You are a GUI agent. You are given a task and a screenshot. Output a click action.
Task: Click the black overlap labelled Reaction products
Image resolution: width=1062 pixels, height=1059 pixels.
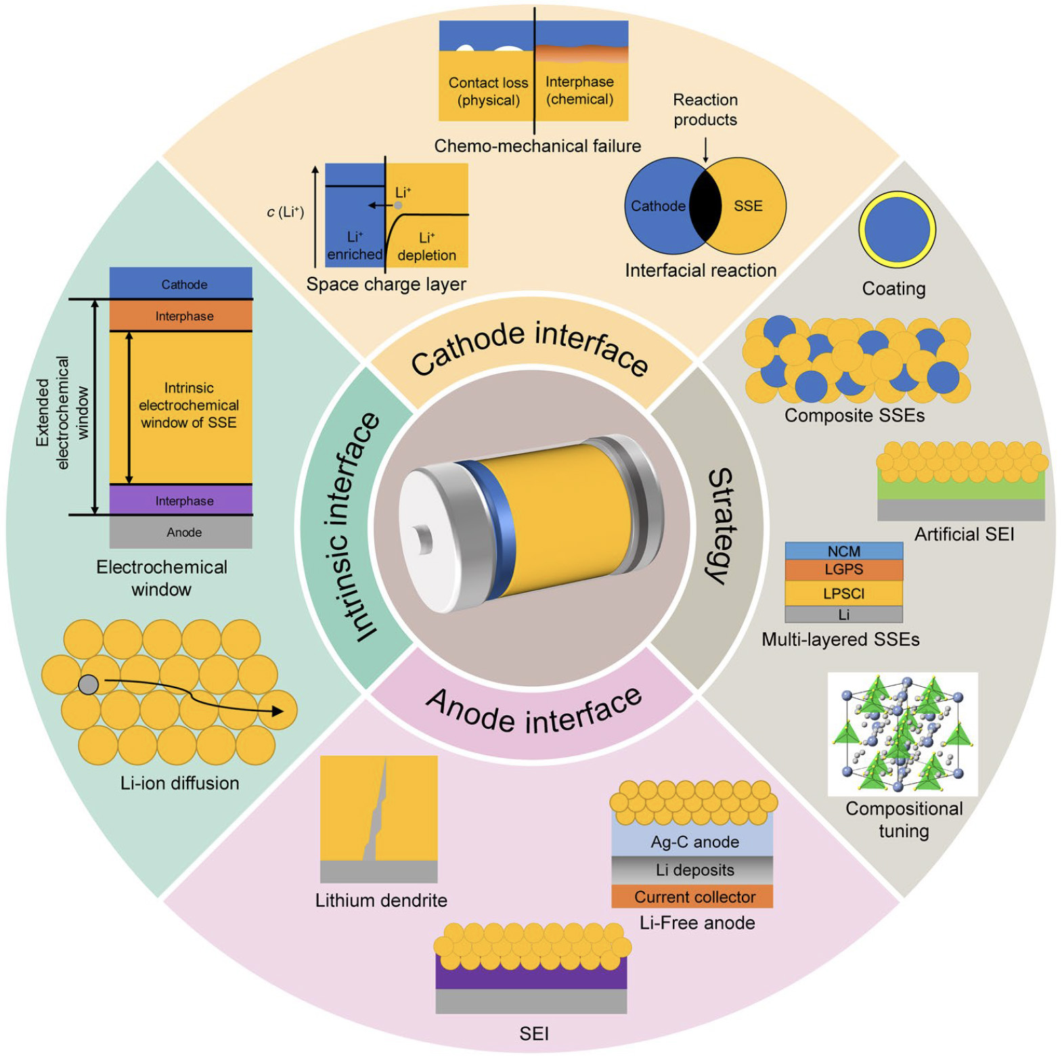pyautogui.click(x=705, y=206)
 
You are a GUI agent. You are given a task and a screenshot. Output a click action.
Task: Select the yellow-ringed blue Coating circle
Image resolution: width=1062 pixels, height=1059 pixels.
pyautogui.click(x=897, y=229)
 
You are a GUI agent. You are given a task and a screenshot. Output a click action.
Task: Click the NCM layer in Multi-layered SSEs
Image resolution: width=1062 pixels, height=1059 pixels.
pyautogui.click(x=843, y=551)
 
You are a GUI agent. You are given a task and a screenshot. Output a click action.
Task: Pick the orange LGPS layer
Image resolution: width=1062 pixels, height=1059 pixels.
pyautogui.click(x=843, y=570)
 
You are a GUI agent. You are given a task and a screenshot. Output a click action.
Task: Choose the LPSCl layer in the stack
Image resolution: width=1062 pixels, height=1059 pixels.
pyautogui.click(x=843, y=593)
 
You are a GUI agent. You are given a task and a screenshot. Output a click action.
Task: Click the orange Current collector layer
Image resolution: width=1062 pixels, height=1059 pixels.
pyautogui.click(x=692, y=897)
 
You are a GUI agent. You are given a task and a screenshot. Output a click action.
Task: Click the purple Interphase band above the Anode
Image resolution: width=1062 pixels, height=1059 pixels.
pyautogui.click(x=181, y=501)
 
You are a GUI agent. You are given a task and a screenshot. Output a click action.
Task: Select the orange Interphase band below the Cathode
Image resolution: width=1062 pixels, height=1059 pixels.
pyautogui.click(x=181, y=316)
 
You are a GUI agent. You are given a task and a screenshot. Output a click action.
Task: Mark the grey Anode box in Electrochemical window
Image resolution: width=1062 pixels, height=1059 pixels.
pyautogui.click(x=181, y=533)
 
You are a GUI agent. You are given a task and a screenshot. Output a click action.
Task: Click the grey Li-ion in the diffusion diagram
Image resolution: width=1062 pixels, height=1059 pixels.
pyautogui.click(x=88, y=685)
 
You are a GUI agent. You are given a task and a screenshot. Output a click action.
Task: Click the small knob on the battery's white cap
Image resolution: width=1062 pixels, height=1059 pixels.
pyautogui.click(x=424, y=539)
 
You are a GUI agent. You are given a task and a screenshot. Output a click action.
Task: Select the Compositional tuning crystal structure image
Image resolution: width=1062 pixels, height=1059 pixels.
pyautogui.click(x=902, y=734)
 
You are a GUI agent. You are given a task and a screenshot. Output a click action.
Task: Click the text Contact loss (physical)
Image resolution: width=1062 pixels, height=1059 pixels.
pyautogui.click(x=488, y=91)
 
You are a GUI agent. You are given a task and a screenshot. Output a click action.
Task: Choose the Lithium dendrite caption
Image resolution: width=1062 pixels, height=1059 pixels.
pyautogui.click(x=381, y=901)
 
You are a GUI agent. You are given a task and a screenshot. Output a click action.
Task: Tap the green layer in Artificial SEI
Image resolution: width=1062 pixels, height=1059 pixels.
pyautogui.click(x=960, y=489)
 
